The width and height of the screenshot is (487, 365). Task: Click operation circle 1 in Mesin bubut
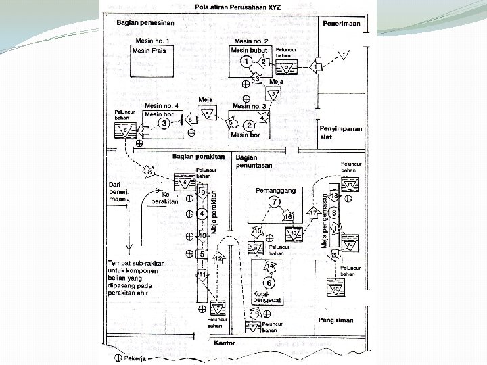point(247,62)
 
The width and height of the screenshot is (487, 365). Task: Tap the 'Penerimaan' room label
point(340,22)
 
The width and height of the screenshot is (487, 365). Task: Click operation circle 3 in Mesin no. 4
point(163,122)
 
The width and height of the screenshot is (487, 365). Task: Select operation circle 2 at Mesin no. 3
point(248,125)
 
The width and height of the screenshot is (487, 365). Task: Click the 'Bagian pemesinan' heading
point(145,23)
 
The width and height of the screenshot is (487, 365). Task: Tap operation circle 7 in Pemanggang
point(275,202)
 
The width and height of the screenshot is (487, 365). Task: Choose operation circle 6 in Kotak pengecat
point(269,283)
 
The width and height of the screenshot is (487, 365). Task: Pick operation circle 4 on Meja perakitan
point(202,214)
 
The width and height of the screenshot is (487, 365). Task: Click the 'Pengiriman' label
point(335,320)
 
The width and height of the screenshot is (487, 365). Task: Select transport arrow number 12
point(219,259)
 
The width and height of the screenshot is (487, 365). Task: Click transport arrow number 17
point(313,213)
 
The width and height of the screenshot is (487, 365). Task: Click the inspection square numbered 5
point(202,254)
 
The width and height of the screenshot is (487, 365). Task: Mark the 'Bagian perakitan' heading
point(198,156)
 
